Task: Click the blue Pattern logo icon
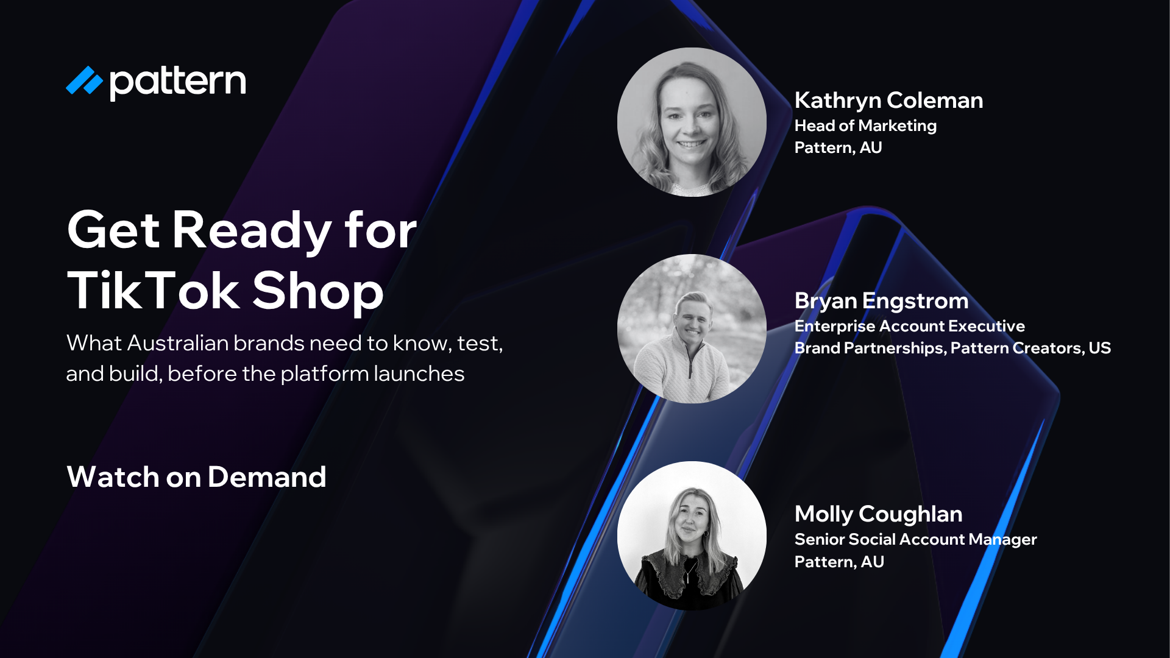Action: click(x=84, y=81)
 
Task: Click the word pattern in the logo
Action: click(x=178, y=82)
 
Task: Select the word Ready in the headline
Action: click(x=252, y=230)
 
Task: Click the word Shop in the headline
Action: click(x=317, y=291)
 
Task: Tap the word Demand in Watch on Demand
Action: click(x=266, y=477)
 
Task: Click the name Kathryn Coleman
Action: click(x=888, y=101)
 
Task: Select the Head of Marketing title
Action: click(x=865, y=126)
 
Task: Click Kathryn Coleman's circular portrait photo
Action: click(x=692, y=122)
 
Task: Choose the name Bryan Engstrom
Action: click(x=881, y=301)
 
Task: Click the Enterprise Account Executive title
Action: click(x=909, y=327)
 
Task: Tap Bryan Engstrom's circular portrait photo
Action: click(x=692, y=328)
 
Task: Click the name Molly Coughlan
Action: click(x=878, y=514)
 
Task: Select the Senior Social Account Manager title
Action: click(x=915, y=540)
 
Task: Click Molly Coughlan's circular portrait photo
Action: click(x=692, y=536)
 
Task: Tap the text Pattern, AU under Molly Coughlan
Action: click(x=839, y=562)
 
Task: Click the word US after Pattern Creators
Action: click(x=1099, y=348)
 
